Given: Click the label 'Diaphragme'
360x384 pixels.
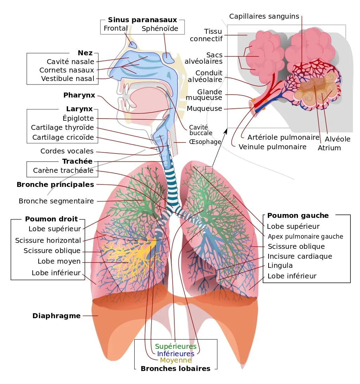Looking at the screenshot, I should (x=57, y=316).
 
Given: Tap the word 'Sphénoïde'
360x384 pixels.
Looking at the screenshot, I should (x=160, y=29).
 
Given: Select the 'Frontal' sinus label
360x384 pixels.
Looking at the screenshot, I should (x=116, y=28).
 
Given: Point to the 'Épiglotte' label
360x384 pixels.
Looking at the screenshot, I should (x=78, y=118).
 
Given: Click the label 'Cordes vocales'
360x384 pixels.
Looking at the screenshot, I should (x=67, y=151).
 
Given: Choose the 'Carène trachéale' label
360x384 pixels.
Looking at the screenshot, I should (x=63, y=170).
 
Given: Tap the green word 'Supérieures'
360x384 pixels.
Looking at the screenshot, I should (x=176, y=347).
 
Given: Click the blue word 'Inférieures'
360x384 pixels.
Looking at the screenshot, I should (x=175, y=354).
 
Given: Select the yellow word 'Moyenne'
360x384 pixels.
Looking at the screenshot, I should (x=176, y=360).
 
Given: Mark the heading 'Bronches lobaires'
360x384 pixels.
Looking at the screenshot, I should (x=175, y=369).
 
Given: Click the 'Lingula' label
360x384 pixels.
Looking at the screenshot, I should (x=280, y=265).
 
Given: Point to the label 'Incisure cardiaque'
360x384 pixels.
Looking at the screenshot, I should (x=300, y=256).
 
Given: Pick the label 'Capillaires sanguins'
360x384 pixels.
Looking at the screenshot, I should (x=264, y=17).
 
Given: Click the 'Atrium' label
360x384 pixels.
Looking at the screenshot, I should (x=329, y=148).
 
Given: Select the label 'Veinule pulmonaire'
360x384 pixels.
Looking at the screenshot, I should (x=272, y=147).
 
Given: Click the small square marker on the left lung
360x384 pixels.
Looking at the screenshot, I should (x=209, y=170).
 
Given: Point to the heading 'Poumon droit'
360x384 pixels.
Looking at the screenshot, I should (x=51, y=219).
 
